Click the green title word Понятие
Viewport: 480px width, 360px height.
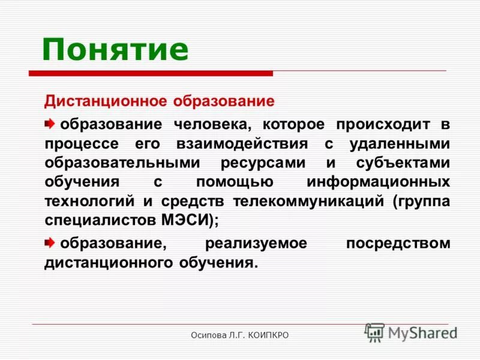tap(115, 49)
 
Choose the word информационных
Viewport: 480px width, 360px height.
tap(378, 182)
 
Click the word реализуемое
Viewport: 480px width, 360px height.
tap(256, 244)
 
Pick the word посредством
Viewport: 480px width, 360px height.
tap(398, 244)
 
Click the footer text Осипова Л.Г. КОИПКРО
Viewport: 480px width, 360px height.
tap(240, 335)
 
